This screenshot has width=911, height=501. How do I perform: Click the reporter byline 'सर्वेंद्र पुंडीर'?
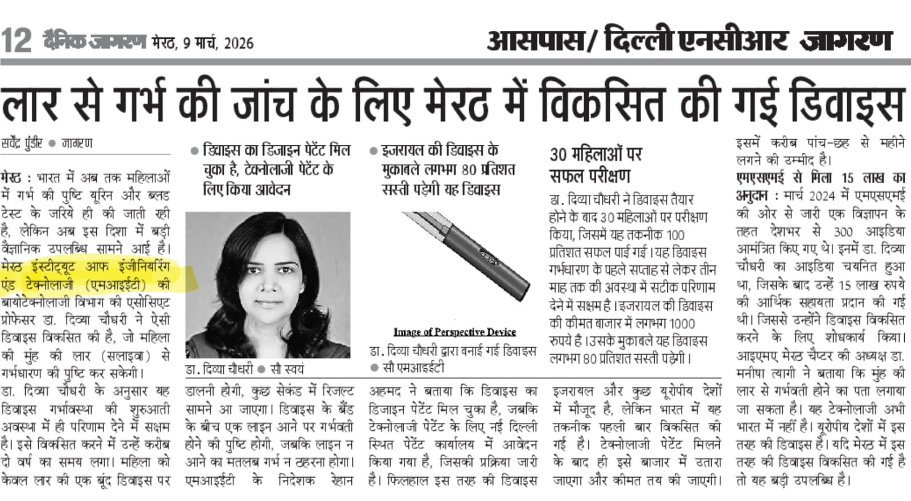[x=22, y=144]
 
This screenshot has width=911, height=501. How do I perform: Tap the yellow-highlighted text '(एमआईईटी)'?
[x=120, y=284]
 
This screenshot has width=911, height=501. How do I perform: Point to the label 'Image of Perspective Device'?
[x=454, y=332]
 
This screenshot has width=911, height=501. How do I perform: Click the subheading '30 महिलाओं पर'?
[x=596, y=154]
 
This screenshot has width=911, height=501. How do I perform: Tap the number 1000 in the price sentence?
[x=682, y=324]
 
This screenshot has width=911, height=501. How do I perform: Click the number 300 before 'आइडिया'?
[x=843, y=232]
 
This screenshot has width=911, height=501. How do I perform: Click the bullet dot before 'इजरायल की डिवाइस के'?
[x=374, y=151]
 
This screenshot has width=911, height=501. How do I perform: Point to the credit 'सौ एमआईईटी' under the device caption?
[x=413, y=368]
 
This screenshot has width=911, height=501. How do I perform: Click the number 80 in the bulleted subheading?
[x=469, y=170]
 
